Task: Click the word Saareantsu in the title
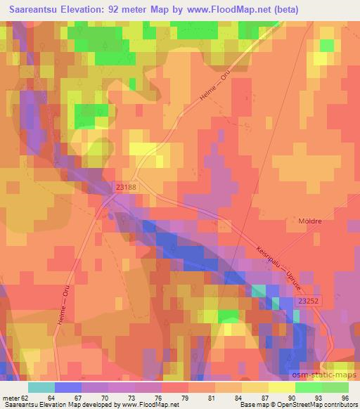tap(33, 10)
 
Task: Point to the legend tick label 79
tap(185, 398)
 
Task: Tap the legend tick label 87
tap(264, 398)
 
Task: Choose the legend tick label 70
tap(106, 398)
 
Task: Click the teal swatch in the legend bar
tap(41, 387)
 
